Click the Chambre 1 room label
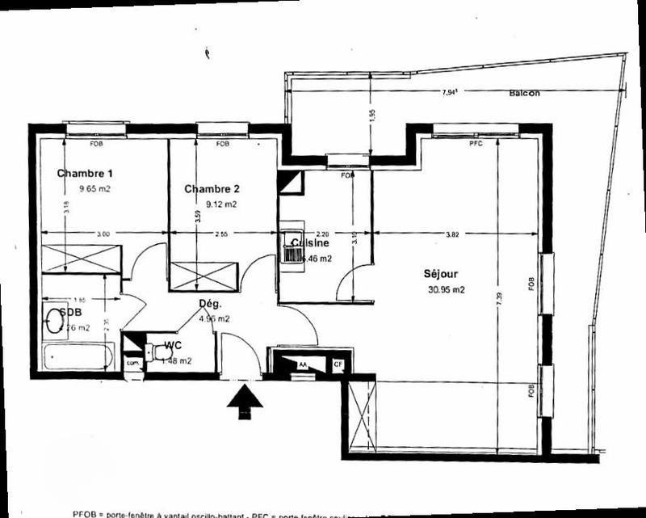click(x=85, y=174)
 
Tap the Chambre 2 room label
click(x=212, y=189)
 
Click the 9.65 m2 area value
click(x=94, y=188)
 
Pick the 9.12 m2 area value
click(x=221, y=204)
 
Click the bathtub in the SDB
click(x=78, y=356)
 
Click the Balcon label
click(x=524, y=93)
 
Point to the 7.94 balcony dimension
click(x=450, y=93)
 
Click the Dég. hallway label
click(x=210, y=304)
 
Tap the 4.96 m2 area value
click(x=214, y=318)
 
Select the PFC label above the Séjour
click(x=476, y=144)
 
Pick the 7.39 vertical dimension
click(x=499, y=297)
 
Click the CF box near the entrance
click(x=339, y=365)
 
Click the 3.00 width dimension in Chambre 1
click(x=103, y=234)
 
